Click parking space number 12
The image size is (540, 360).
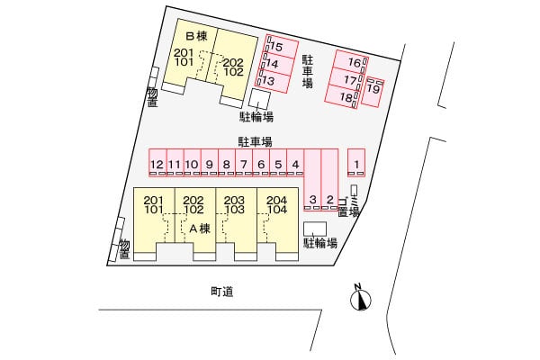click(x=157, y=163)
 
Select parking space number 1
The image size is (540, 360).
click(x=356, y=163)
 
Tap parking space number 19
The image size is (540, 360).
click(x=373, y=92)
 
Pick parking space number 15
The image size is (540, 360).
click(x=281, y=47)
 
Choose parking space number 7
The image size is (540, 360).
click(x=244, y=163)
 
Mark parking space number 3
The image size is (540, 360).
click(x=312, y=179)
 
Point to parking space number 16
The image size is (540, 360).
click(x=351, y=62)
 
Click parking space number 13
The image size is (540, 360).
click(x=273, y=81)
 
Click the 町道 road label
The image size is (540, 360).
click(x=222, y=292)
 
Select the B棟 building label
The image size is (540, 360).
click(x=196, y=36)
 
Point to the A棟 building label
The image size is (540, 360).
click(x=200, y=228)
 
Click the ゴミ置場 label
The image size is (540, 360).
click(x=348, y=207)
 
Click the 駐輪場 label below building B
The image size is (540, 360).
click(x=256, y=117)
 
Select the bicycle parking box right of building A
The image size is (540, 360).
click(x=315, y=229)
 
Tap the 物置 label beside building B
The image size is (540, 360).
click(x=152, y=97)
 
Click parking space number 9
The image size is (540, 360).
click(x=210, y=163)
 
